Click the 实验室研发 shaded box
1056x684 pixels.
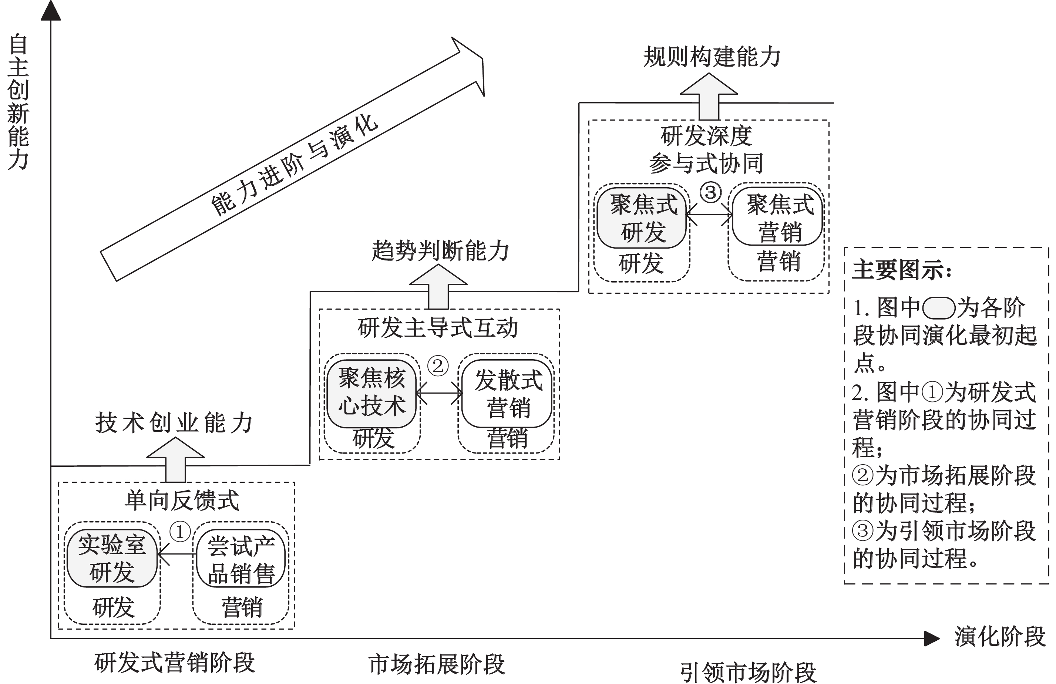[112, 559]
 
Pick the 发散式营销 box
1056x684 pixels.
[507, 394]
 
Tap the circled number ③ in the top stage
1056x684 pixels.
[710, 192]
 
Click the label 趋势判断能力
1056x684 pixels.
[440, 251]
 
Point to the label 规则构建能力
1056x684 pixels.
[711, 57]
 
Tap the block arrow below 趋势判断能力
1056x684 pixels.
[438, 288]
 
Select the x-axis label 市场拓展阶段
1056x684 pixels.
[437, 664]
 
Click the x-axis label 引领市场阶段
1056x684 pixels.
[748, 673]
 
